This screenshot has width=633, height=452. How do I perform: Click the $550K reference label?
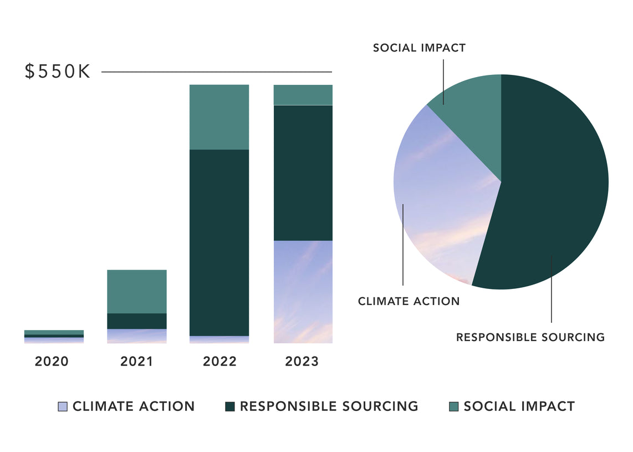(x=58, y=72)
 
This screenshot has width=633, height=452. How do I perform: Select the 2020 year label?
(x=52, y=362)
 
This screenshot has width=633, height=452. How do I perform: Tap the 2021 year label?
(x=136, y=362)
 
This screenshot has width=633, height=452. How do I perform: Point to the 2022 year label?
(x=219, y=362)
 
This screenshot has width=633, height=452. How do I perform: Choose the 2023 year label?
(x=302, y=362)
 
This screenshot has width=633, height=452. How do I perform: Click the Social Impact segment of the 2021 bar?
(x=137, y=291)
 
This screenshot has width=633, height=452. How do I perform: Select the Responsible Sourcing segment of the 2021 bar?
(x=137, y=321)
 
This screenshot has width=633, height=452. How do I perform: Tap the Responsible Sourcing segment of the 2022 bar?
(x=219, y=242)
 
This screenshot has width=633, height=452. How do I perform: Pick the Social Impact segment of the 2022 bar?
(x=219, y=117)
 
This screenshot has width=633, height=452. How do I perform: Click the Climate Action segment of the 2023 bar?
(x=303, y=291)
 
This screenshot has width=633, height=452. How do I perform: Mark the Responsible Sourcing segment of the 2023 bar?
(x=303, y=172)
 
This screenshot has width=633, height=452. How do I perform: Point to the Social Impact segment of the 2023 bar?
(x=303, y=95)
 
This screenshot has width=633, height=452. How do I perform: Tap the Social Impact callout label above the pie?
(x=420, y=48)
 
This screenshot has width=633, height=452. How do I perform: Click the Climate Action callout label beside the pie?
(x=409, y=302)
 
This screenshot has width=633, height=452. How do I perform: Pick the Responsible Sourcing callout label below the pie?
(x=530, y=337)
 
